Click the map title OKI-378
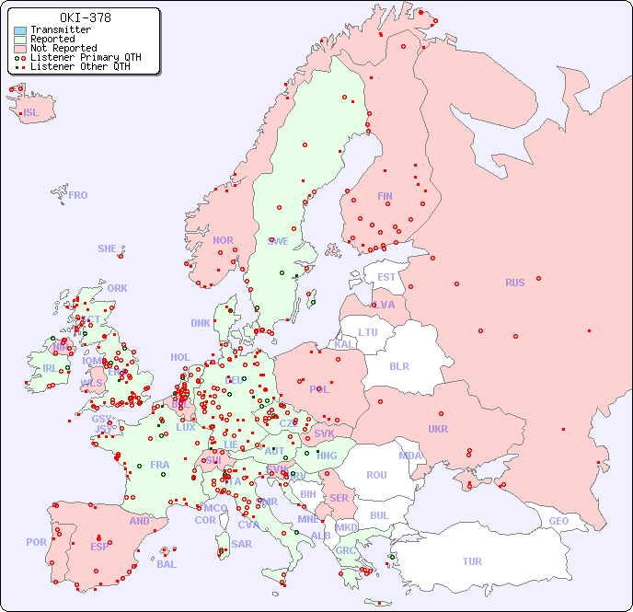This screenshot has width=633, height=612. tap(86, 17)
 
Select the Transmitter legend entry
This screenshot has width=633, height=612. tap(60, 29)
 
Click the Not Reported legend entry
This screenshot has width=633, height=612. tap(63, 48)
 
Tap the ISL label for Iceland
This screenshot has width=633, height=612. tap(30, 113)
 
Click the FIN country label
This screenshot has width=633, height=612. tap(385, 196)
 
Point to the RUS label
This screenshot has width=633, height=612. tap(514, 283)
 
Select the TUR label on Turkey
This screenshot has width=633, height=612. tap(472, 561)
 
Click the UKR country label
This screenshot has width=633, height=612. tap(438, 429)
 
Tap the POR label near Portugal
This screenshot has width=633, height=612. tap(36, 542)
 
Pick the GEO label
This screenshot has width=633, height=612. tap(558, 521)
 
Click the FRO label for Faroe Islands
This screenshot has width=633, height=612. tap(78, 195)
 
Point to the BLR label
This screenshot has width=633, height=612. tap(398, 365)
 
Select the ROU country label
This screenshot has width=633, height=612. tap(376, 475)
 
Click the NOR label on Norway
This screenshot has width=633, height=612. tap(223, 240)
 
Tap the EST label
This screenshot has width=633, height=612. tap(386, 277)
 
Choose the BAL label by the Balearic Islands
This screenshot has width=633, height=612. tap(166, 564)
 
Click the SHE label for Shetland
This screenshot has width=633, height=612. tap(108, 248)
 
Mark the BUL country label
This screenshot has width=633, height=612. tap(379, 515)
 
